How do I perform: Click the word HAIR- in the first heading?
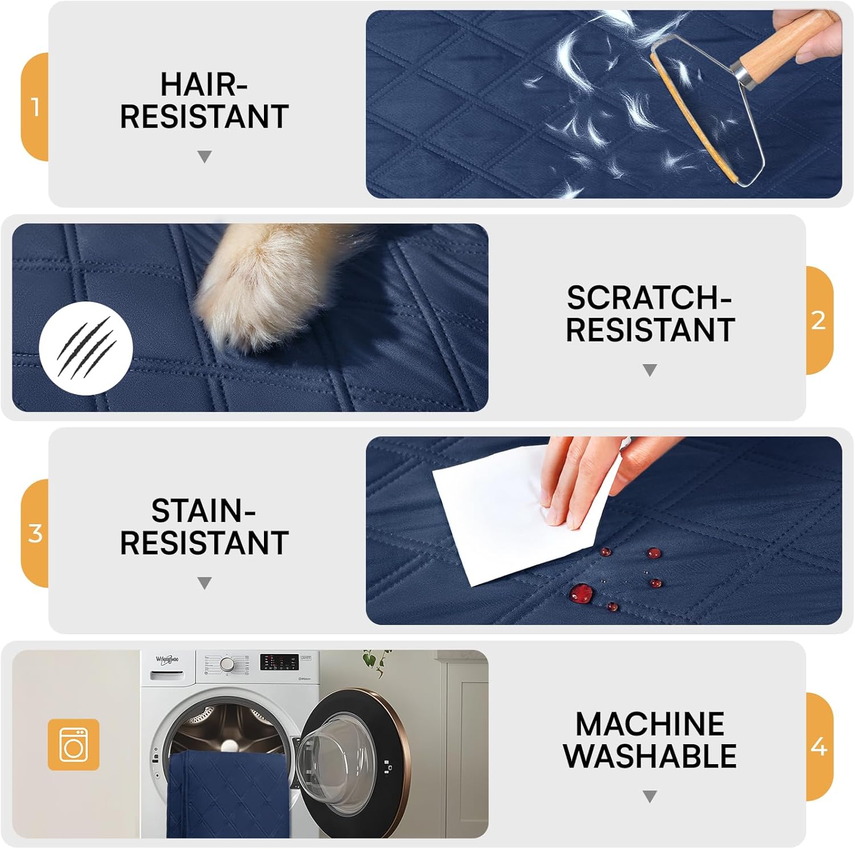[x=203, y=85]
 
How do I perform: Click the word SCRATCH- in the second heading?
[x=649, y=298]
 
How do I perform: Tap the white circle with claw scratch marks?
[x=86, y=348]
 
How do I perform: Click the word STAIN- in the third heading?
[x=203, y=511]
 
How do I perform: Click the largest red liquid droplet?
[x=581, y=593]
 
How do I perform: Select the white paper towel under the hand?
[x=502, y=513]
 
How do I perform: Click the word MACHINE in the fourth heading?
[x=650, y=724]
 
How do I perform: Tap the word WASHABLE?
[x=650, y=756]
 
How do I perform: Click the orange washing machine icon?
[x=73, y=744]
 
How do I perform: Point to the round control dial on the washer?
[x=227, y=664]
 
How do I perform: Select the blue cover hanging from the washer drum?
[x=228, y=798]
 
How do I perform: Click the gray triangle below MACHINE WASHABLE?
[x=650, y=796]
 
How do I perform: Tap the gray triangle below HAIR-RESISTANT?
[x=204, y=157]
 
